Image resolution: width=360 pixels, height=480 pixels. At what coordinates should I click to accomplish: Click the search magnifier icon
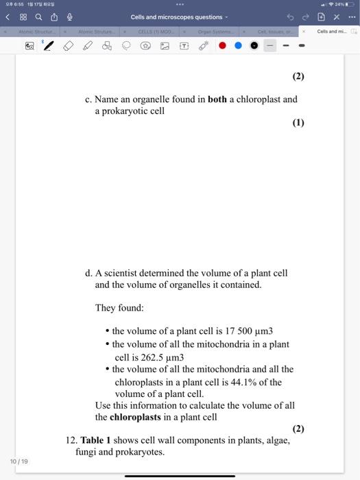coord(38,17)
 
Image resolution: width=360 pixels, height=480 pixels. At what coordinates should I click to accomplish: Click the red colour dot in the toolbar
coord(223,46)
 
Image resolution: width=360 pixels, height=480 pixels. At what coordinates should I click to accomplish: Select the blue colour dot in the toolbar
coord(239,46)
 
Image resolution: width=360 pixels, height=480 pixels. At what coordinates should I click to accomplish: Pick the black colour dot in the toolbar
coord(254,46)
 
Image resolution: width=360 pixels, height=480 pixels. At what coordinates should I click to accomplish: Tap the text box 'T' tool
coord(183,46)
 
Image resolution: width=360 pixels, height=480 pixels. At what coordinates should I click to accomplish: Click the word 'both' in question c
coord(217,99)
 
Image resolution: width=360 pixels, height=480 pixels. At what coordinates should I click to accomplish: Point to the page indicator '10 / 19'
coord(19,461)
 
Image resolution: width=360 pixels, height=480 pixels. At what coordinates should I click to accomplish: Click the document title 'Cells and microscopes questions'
coord(177,17)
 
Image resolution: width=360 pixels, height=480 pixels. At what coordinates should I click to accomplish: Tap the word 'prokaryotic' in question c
coord(141,111)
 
